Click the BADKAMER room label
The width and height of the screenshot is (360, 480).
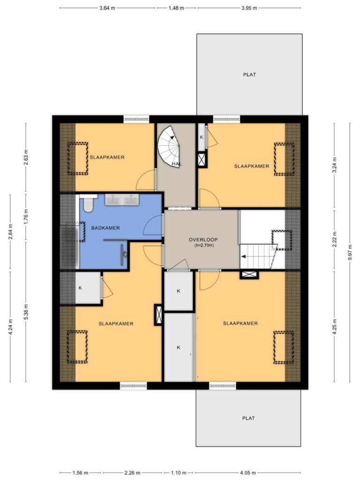[105, 228]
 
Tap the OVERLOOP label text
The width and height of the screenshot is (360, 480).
[203, 240]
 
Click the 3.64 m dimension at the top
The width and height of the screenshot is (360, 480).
[107, 8]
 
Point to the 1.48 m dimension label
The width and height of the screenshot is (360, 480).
[176, 8]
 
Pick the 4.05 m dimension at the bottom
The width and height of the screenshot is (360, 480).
[249, 473]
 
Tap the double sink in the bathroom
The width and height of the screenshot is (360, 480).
[122, 200]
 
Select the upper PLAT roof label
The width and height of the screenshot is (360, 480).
[249, 75]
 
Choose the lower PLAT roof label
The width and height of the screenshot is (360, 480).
[248, 418]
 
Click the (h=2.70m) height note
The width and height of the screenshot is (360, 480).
[204, 246]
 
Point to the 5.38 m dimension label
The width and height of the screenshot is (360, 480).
[26, 312]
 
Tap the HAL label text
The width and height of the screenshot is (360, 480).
[177, 164]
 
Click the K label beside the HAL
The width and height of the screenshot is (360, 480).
[202, 137]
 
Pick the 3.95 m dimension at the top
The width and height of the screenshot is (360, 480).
[249, 8]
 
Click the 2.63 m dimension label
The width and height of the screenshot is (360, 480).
[26, 157]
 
